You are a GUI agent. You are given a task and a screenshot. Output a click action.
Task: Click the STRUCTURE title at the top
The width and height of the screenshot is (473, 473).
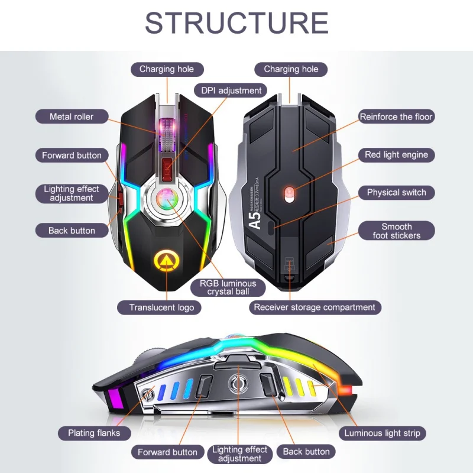tap(237, 23)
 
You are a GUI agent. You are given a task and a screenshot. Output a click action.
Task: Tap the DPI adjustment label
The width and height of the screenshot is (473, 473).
tap(231, 90)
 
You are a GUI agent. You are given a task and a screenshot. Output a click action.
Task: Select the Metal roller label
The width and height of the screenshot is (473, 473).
tap(72, 116)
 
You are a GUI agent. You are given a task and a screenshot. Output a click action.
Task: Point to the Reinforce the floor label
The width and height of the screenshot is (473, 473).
tap(396, 116)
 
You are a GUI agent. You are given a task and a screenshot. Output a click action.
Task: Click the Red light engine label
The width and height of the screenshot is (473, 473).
tap(396, 155)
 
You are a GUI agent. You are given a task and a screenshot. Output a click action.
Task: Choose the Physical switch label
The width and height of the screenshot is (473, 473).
tap(396, 192)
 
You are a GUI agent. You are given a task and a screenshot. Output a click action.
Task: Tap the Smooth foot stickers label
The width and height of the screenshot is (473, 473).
tap(396, 231)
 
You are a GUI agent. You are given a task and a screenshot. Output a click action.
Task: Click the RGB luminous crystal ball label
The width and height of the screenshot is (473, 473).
tap(228, 287)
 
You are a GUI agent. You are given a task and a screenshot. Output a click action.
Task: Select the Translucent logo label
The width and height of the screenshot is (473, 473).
tap(161, 307)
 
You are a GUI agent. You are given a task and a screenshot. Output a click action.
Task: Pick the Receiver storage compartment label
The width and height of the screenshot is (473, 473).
tap(315, 307)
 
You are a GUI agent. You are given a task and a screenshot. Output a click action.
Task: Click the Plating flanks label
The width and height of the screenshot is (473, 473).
tap(94, 433)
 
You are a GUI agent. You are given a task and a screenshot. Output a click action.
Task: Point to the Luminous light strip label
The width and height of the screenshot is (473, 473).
tap(382, 433)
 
